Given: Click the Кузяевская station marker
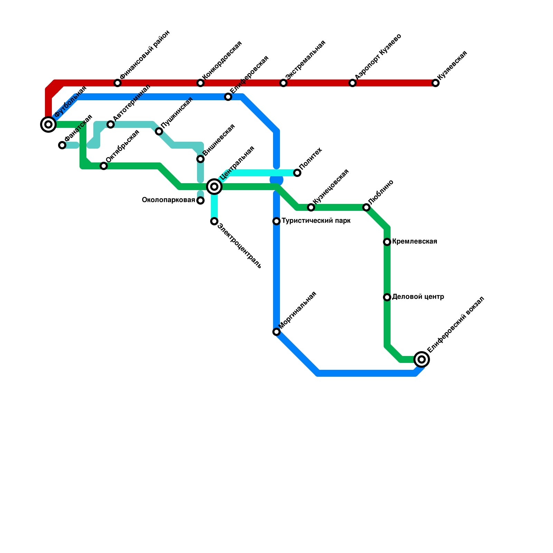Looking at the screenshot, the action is click(x=435, y=83).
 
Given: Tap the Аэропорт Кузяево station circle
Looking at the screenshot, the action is click(x=353, y=83).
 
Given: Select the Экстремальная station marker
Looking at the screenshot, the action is click(x=283, y=83).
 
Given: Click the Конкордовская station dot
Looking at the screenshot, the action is click(x=200, y=83).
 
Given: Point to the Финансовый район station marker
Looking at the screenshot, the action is click(x=118, y=83).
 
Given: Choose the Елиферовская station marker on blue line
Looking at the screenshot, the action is click(x=228, y=97).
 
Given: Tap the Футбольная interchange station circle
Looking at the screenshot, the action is click(x=48, y=124).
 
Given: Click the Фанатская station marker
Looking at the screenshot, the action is click(x=62, y=145).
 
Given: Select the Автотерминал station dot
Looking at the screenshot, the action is click(x=111, y=124).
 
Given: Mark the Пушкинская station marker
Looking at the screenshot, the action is click(x=159, y=131).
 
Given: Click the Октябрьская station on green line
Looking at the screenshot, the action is click(x=104, y=166).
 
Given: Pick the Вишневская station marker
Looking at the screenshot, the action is click(x=200, y=159).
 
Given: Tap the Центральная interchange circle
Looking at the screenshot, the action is click(x=214, y=187).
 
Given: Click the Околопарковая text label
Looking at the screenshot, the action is click(x=168, y=200).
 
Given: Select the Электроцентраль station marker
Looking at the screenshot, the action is click(x=214, y=221).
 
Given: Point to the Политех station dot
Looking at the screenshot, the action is click(x=297, y=173).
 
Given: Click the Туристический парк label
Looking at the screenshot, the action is click(x=316, y=221).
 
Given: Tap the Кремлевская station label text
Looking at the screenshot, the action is click(x=414, y=242).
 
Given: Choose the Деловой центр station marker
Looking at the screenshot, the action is click(x=387, y=297).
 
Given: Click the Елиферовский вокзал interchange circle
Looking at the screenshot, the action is click(x=422, y=359).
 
